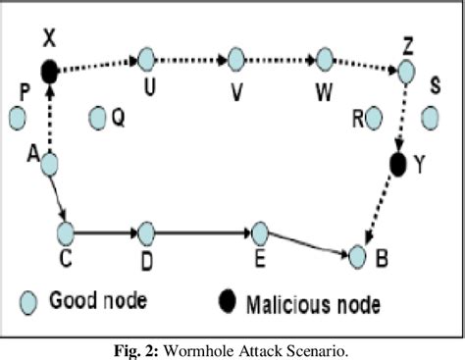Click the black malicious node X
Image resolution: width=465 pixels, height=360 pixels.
click(49, 71)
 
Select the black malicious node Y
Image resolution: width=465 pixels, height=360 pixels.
click(397, 163)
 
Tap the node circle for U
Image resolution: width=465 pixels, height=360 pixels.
click(146, 60)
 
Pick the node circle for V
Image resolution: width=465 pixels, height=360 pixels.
click(234, 60)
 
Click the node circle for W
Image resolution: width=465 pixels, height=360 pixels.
click(321, 60)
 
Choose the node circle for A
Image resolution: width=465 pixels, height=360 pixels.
click(49, 164)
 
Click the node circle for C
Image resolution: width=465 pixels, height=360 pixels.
click(66, 233)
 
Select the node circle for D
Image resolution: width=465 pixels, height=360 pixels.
click(146, 233)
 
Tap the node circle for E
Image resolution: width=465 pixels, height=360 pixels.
click(259, 233)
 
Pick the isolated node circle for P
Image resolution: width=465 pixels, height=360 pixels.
click(17, 119)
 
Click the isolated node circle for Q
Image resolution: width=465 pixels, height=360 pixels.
click(97, 119)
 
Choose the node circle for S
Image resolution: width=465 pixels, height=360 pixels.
click(429, 119)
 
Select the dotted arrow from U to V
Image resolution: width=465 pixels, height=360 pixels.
click(190, 60)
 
